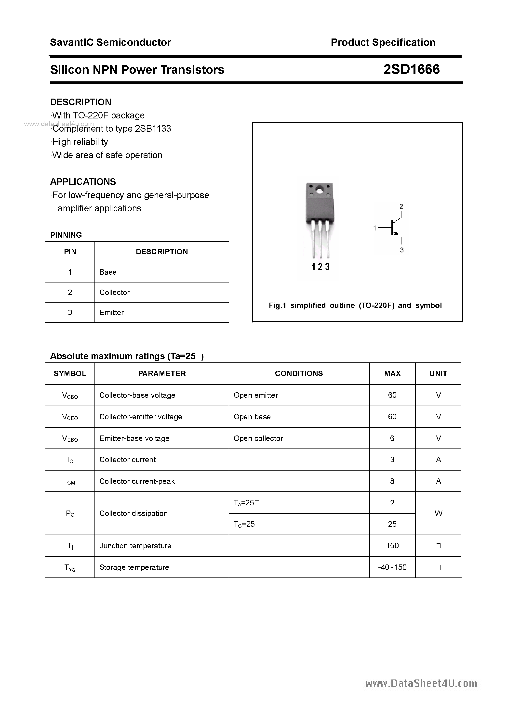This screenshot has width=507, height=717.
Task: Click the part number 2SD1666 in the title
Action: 411,69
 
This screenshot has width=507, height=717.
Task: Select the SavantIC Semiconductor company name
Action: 110,42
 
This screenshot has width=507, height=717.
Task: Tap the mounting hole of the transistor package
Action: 319,190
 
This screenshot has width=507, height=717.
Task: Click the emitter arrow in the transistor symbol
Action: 396,233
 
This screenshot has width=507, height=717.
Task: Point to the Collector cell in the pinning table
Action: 114,292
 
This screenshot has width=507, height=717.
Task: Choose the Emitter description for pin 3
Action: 112,313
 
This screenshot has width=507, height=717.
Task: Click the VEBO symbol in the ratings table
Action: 70,438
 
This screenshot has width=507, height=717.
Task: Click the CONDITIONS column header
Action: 299,373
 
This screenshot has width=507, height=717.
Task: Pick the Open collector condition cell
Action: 258,438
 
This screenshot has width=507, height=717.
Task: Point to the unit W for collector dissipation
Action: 438,513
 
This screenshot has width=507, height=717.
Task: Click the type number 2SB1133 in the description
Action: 153,129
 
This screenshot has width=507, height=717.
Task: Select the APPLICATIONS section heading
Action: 83,182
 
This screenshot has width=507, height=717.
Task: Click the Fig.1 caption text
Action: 355,306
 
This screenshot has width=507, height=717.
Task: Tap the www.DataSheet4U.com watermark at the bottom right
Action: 421,684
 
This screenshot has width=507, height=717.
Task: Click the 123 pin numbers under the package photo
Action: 320,267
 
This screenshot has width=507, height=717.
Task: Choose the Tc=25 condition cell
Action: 247,524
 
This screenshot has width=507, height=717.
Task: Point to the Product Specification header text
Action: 383,42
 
